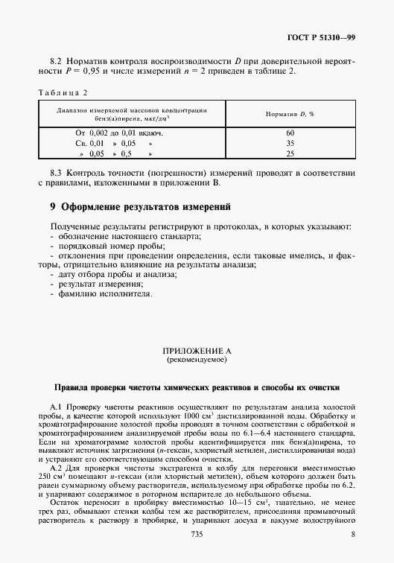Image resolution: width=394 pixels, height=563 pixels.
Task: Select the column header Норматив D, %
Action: pyautogui.click(x=290, y=114)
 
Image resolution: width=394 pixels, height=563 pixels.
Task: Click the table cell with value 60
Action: pyautogui.click(x=290, y=133)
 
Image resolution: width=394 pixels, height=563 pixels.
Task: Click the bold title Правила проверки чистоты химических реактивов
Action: pyautogui.click(x=197, y=387)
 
